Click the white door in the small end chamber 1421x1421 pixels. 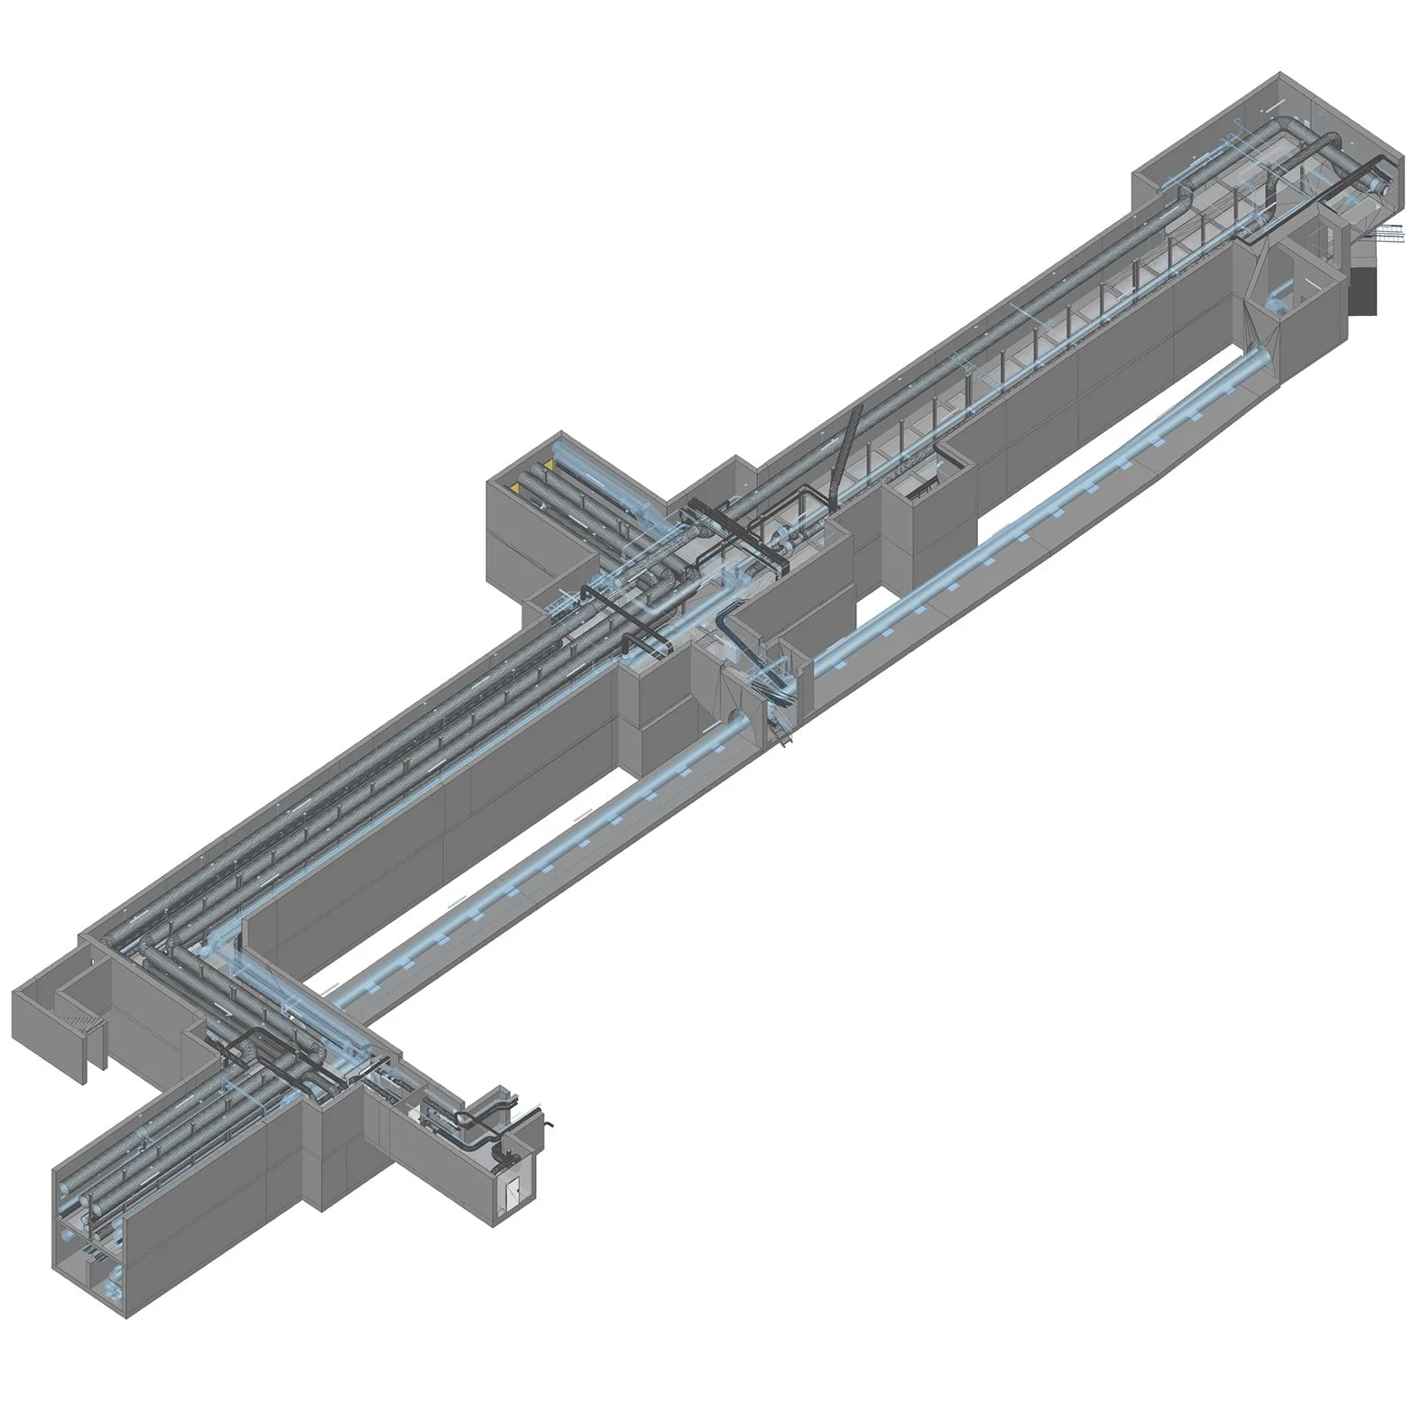point(512,1193)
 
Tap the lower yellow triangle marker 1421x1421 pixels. point(515,487)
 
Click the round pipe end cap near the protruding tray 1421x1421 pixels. point(1380,187)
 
